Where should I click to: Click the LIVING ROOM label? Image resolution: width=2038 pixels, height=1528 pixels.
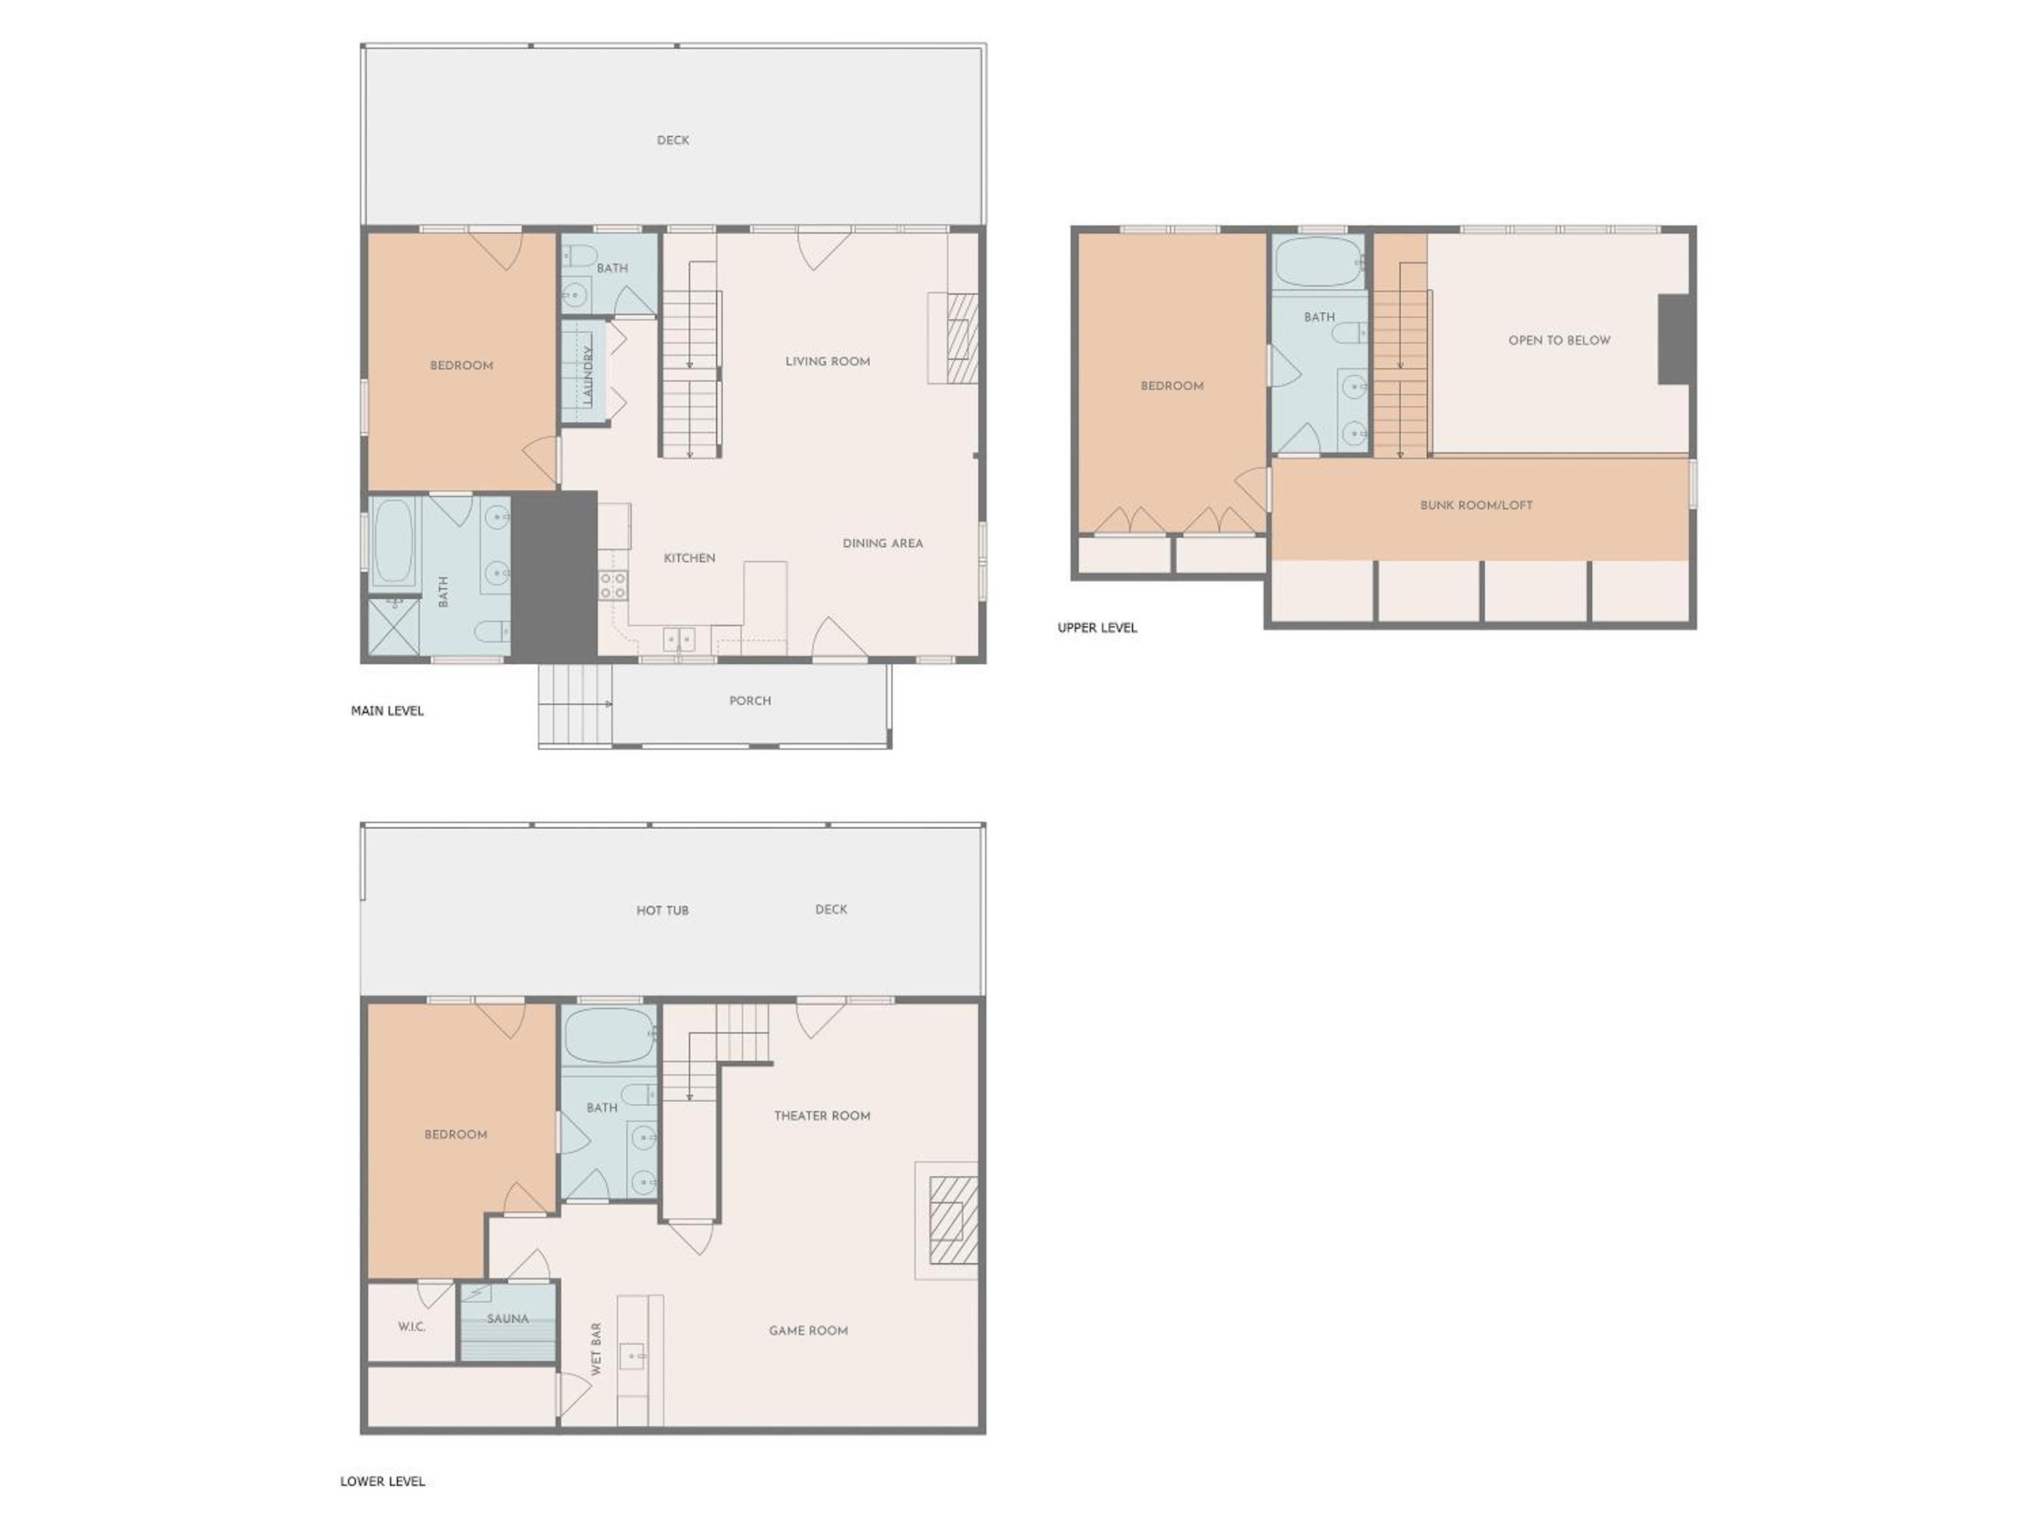point(827,361)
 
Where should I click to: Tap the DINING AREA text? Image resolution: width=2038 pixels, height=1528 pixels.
point(882,543)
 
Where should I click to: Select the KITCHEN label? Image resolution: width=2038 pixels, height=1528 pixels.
point(689,558)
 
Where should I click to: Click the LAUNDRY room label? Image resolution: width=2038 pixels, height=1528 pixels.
point(588,375)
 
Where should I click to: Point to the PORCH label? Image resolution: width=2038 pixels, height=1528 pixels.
point(750,701)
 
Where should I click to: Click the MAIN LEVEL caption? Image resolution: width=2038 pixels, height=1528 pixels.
point(387,711)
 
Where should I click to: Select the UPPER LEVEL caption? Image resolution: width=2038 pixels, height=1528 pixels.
point(1097,628)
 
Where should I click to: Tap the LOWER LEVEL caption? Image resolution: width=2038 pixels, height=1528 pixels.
point(382,1482)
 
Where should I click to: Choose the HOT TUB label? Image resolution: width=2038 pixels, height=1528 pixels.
point(662,911)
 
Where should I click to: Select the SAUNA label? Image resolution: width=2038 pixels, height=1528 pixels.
point(507,1319)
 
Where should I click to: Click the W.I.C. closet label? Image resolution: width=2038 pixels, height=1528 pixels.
point(412,1327)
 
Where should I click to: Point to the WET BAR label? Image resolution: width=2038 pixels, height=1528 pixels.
point(596,1349)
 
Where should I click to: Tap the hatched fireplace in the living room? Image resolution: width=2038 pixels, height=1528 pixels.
point(962,338)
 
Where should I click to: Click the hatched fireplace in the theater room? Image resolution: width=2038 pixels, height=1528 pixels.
point(952,1220)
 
